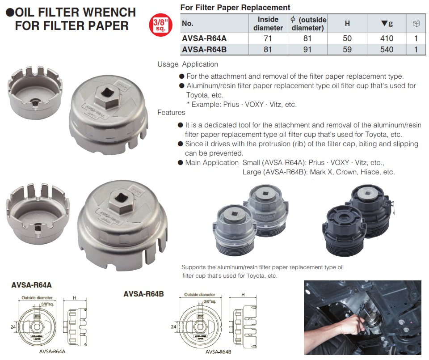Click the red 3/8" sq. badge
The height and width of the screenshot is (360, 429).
[160, 25]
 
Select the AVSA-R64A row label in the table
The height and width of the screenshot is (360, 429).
[204, 38]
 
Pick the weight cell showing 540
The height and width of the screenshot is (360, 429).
[387, 50]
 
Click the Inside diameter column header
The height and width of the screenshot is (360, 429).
[268, 24]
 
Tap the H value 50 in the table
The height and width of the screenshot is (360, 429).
[347, 38]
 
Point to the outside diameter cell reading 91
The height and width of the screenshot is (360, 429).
[307, 50]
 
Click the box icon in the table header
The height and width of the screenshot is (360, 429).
[416, 24]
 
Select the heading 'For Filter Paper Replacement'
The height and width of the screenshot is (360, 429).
[236, 8]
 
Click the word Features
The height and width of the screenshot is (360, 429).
[171, 113]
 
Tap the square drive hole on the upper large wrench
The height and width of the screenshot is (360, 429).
[106, 93]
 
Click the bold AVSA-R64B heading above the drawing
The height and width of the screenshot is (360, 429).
[143, 294]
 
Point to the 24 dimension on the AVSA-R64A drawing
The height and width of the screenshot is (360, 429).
[13, 327]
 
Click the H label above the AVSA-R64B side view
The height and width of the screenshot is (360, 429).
[243, 295]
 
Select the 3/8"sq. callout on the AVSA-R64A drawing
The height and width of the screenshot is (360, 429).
[48, 304]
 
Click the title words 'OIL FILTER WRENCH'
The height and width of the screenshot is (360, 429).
[76, 12]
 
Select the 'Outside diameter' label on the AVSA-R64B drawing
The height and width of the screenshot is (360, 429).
[199, 295]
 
